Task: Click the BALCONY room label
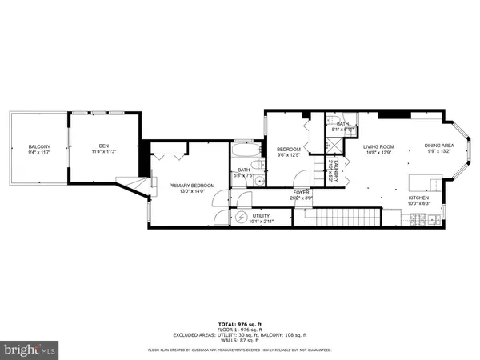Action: [x=39, y=146]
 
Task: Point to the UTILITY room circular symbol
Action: [x=242, y=217]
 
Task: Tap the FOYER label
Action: [x=301, y=192]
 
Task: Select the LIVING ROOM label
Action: [x=379, y=146]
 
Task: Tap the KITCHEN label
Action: [x=419, y=198]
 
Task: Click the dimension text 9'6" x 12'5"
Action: [x=287, y=155]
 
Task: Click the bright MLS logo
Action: [x=30, y=348]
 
